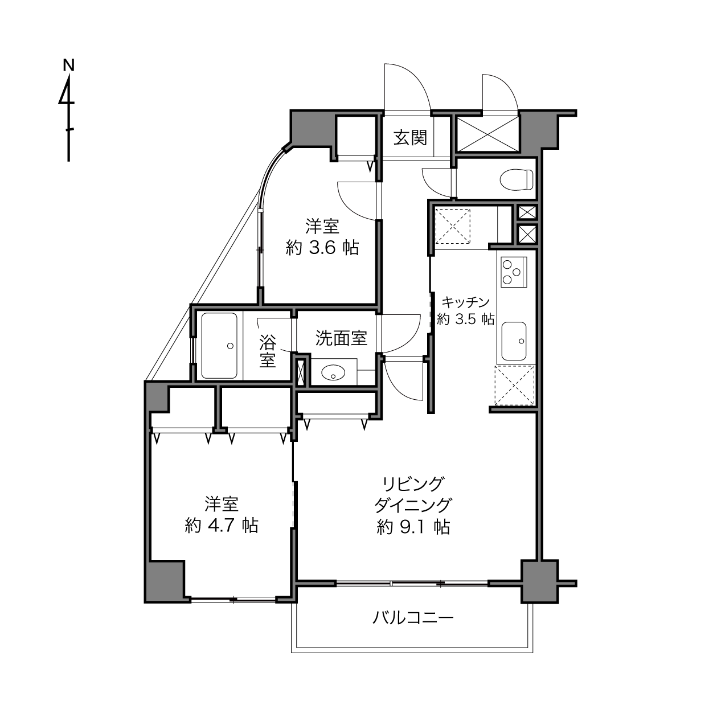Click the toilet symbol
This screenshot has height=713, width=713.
[517, 180]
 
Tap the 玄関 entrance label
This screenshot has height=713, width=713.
[410, 137]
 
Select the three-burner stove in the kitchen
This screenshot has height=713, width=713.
[514, 272]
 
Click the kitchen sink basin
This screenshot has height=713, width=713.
[514, 341]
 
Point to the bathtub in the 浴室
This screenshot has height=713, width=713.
[219, 346]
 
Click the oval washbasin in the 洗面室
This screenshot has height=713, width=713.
[333, 372]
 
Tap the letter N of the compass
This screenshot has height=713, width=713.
[69, 65]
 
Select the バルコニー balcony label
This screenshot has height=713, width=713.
[413, 617]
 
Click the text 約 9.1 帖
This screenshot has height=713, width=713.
[413, 527]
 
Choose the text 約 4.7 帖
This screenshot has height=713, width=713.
[222, 525]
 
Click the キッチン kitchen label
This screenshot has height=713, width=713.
[466, 302]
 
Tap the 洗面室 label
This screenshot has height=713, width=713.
[341, 338]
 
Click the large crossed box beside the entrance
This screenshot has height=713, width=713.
[487, 134]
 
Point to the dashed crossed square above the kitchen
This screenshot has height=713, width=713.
[453, 226]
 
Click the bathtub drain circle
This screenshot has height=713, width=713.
[230, 346]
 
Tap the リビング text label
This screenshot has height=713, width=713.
[413, 483]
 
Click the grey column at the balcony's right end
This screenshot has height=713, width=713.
[539, 581]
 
